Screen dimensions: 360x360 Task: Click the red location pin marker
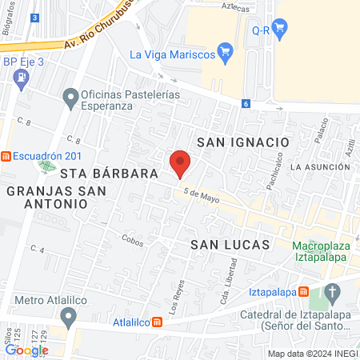180,162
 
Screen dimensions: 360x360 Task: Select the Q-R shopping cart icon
279,30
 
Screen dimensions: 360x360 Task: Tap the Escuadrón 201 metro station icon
6,156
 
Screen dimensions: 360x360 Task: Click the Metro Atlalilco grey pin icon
70,318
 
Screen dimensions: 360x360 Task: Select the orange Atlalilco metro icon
158,323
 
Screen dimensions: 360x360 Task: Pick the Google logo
27,350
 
